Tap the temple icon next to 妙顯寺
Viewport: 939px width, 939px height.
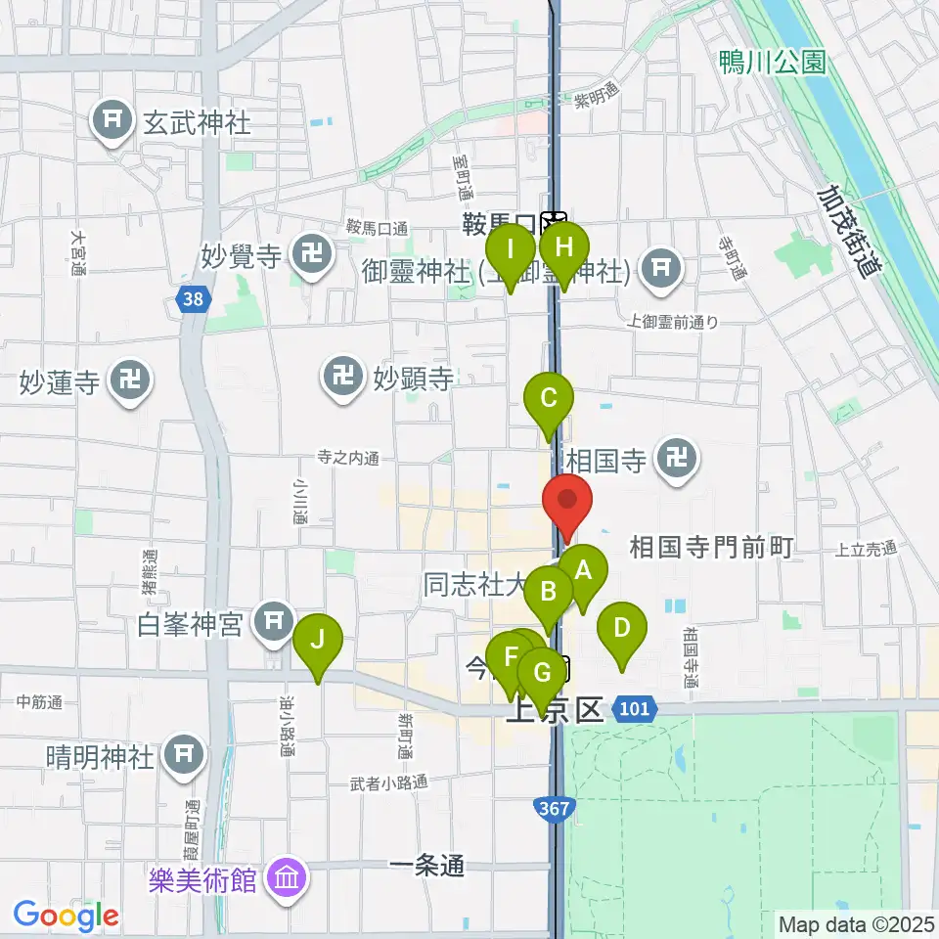tap(342, 376)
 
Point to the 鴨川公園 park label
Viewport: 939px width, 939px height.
tap(772, 64)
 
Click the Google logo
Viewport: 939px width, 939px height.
tap(67, 915)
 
